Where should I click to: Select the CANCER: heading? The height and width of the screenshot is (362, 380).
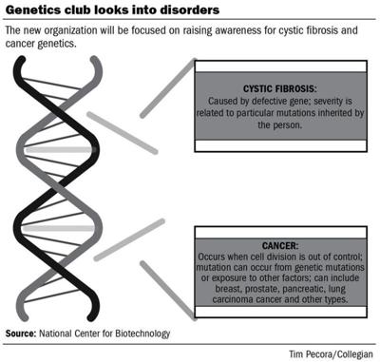pos(275,243)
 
